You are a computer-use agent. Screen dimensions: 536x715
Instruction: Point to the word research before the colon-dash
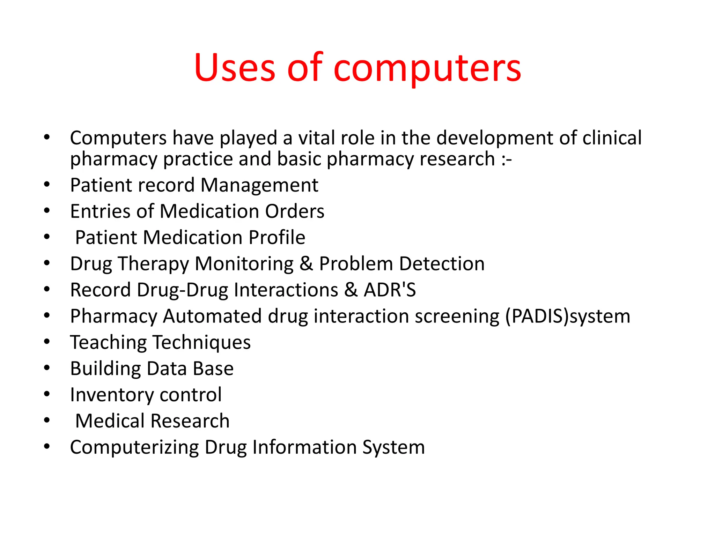[x=457, y=159]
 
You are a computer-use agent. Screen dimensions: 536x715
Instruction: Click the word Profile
[x=277, y=238]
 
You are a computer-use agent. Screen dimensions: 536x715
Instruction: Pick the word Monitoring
[x=244, y=264]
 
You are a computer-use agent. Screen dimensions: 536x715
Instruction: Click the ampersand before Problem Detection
[x=306, y=264]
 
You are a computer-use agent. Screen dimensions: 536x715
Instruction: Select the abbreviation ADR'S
[x=390, y=290]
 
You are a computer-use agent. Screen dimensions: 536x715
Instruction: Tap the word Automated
[x=212, y=317]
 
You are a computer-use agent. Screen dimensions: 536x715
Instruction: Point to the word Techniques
[x=202, y=342]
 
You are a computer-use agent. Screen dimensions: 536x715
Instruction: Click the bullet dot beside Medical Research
[x=47, y=420]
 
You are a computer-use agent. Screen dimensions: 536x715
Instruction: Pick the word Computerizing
[x=134, y=447]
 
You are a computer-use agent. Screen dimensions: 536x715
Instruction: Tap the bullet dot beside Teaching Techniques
[x=47, y=342]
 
